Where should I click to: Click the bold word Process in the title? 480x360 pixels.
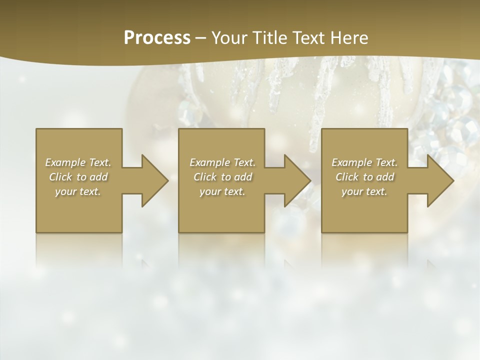click(157, 38)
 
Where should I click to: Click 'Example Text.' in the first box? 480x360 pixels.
click(78, 162)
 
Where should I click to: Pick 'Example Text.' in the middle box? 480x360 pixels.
click(222, 162)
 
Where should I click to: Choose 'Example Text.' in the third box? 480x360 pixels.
click(364, 162)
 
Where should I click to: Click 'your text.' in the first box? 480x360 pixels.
click(78, 191)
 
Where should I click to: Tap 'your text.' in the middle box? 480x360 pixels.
click(222, 191)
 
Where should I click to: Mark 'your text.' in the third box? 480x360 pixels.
click(364, 191)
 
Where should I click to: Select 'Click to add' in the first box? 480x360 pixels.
click(78, 177)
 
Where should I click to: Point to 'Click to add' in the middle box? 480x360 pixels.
click(222, 177)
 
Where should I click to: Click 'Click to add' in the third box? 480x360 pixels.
click(364, 177)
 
